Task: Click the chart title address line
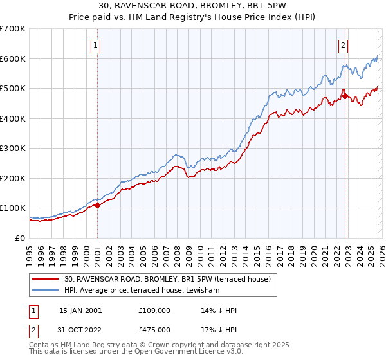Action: (192, 6)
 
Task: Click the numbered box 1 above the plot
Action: (95, 45)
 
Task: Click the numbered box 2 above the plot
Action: (344, 45)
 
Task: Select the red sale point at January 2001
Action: (98, 206)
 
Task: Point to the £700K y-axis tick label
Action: (13, 29)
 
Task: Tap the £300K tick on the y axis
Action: (13, 148)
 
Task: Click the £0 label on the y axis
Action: (21, 238)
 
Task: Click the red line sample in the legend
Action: (46, 279)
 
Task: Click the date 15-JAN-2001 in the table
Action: (80, 310)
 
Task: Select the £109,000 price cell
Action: (154, 310)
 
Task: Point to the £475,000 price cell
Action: (154, 330)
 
